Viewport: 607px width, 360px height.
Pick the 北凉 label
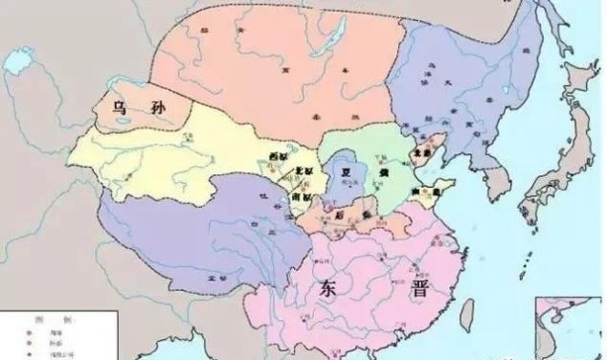283,173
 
